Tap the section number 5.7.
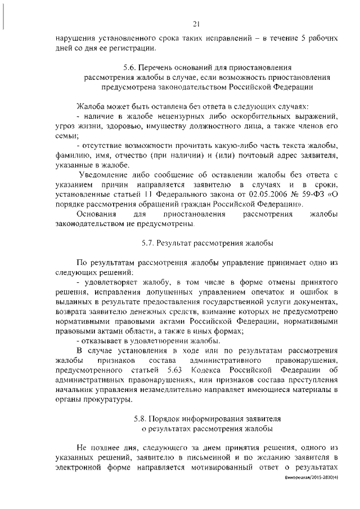pos(149,244)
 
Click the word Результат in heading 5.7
pos(177,244)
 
